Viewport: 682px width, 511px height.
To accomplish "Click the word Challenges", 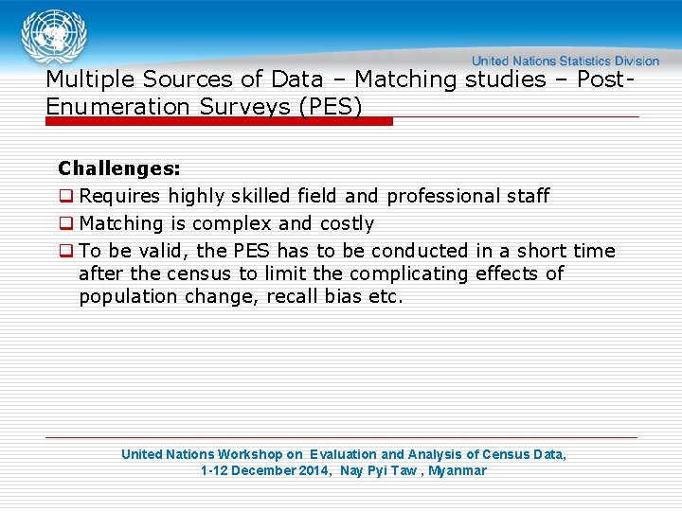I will click(x=118, y=169).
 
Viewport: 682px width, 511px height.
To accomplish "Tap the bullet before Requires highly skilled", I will click(x=66, y=197).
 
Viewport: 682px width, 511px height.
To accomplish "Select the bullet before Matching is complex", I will click(x=66, y=224).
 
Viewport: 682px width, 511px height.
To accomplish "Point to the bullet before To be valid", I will click(x=66, y=252).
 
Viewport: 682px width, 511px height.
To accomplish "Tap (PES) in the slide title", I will click(x=330, y=106).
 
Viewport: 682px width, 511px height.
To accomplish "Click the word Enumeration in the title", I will click(x=118, y=106).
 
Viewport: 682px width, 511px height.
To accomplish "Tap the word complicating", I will click(x=410, y=274).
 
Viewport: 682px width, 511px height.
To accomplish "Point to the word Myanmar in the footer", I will click(x=458, y=471).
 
